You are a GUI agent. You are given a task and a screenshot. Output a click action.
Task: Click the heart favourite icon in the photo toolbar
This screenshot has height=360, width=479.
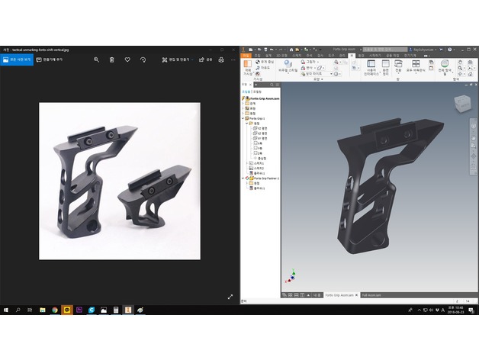tap(127, 59)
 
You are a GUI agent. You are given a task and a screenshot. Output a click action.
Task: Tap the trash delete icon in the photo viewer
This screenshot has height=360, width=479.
tap(112, 59)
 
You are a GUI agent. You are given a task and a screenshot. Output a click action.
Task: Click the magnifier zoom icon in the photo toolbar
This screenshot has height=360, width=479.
tap(96, 59)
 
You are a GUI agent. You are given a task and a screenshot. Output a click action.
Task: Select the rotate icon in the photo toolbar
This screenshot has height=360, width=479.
tap(143, 59)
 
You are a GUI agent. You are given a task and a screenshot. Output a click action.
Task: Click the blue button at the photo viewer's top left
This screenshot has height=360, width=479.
tap(17, 59)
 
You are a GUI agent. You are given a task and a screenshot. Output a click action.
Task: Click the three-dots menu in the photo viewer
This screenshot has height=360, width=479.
tap(233, 59)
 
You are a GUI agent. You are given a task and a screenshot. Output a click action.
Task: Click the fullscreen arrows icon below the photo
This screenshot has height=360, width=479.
tap(230, 296)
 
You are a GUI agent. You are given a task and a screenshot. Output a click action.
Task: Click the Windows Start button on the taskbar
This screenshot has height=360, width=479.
tap(6, 310)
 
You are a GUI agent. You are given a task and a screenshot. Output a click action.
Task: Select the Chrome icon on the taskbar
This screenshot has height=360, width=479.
tap(55, 310)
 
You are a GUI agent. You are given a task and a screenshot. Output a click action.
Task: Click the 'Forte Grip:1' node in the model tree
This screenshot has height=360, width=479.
tap(257, 118)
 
